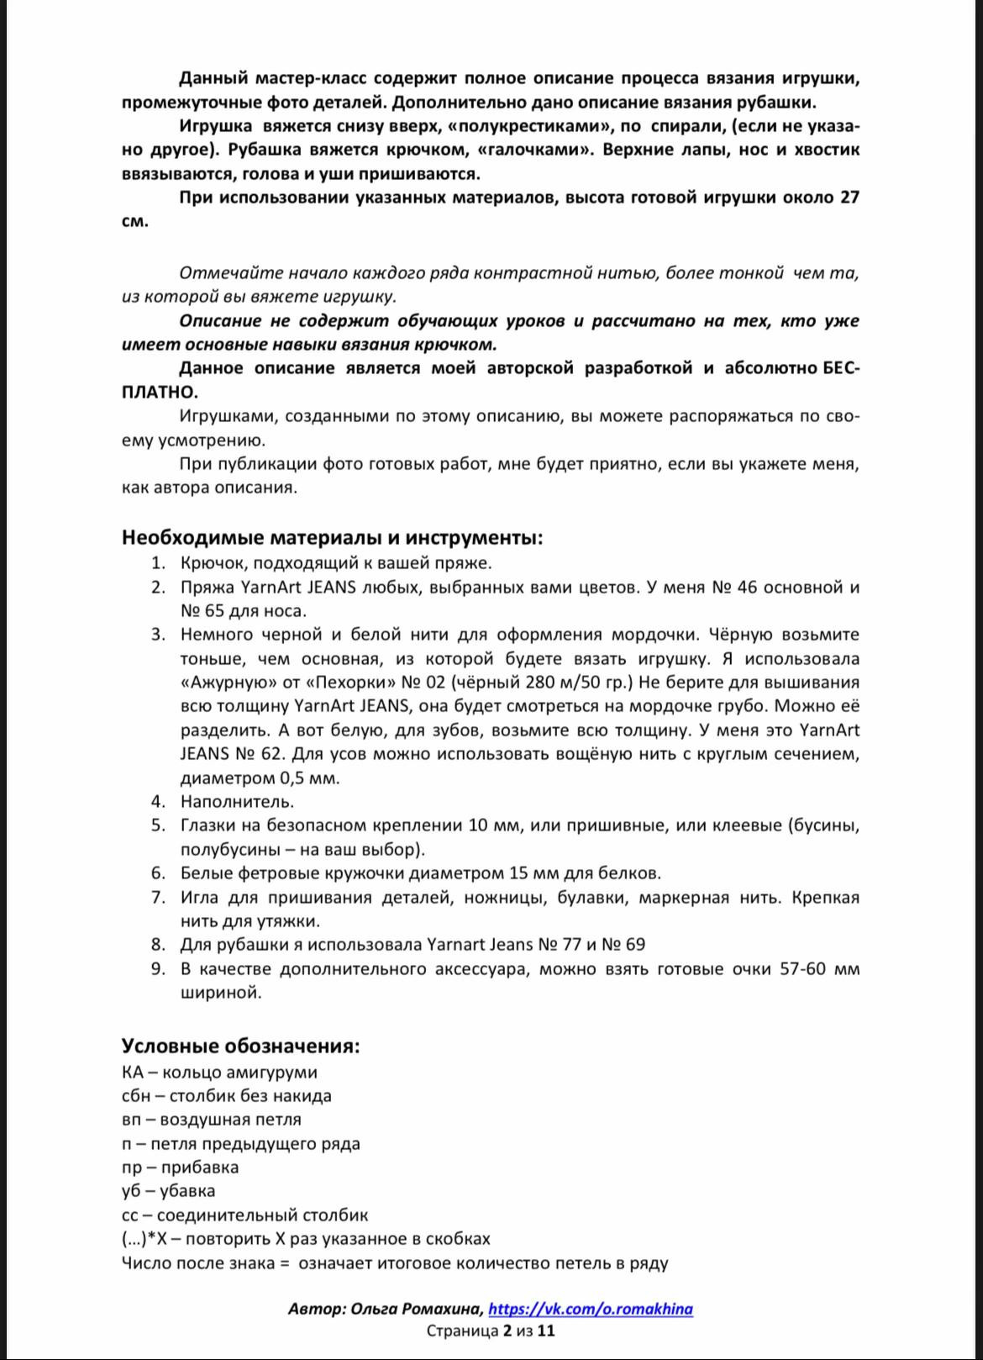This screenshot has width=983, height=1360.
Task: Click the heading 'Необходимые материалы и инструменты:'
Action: [332, 537]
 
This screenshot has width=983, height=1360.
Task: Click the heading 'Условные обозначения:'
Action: [240, 1046]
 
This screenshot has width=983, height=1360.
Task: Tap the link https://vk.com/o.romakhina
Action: [590, 1309]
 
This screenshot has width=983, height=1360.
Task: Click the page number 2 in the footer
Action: [507, 1331]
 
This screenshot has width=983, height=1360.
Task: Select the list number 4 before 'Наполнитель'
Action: [158, 801]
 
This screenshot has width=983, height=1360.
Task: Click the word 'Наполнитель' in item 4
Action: [237, 801]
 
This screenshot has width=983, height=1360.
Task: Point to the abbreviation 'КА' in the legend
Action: [133, 1072]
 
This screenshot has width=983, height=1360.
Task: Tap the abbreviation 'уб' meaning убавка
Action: [132, 1190]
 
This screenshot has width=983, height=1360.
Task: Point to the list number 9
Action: [158, 968]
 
